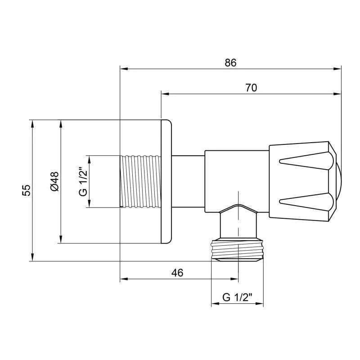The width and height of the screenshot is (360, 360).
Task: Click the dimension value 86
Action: point(230,63)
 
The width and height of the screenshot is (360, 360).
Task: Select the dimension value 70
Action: point(251,88)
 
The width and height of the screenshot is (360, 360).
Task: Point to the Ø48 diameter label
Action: point(54,181)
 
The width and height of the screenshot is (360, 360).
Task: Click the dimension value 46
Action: point(177,273)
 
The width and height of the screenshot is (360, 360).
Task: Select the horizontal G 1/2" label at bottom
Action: point(237,297)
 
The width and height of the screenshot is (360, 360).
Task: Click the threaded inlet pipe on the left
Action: point(140,181)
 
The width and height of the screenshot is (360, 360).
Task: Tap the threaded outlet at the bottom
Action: point(237,250)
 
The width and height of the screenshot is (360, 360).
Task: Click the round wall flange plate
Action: point(166,181)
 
